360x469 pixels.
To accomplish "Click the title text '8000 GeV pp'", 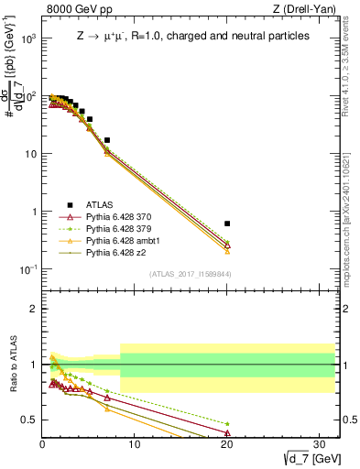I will tap(75, 9).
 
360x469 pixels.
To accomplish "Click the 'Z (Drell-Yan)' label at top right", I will tap(305, 9).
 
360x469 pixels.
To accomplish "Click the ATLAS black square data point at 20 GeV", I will tap(227, 224).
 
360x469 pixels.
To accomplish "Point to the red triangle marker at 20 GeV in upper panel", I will tap(227, 245).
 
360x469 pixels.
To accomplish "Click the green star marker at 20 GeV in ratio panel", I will tap(227, 424).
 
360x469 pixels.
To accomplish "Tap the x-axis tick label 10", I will tap(135, 445).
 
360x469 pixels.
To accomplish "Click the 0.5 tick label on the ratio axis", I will tap(30, 420).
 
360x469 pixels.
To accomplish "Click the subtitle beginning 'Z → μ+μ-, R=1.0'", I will tap(192, 38).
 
